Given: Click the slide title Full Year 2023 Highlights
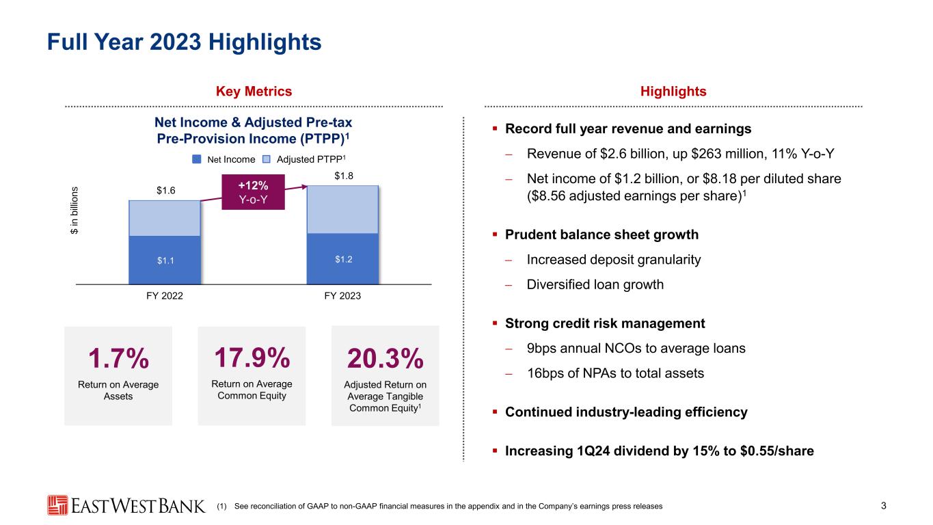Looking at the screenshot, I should pos(184,42).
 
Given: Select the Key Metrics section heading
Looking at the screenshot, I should pos(254,92).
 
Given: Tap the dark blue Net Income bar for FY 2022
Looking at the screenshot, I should pos(164,260).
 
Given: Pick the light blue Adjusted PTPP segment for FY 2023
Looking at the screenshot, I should pos(342,209).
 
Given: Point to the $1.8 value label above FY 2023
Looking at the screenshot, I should pos(343,177).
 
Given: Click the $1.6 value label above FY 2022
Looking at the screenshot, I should pos(164,191).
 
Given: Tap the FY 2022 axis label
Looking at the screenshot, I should pos(164,296).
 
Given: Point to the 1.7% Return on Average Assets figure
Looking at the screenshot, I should pos(119,358).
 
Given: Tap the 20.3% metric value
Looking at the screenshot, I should pos(386,359).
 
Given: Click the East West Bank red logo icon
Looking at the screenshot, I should pos(57,505).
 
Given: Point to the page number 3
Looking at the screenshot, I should pos(884,506).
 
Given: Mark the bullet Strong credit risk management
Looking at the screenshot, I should pos(604,323).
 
